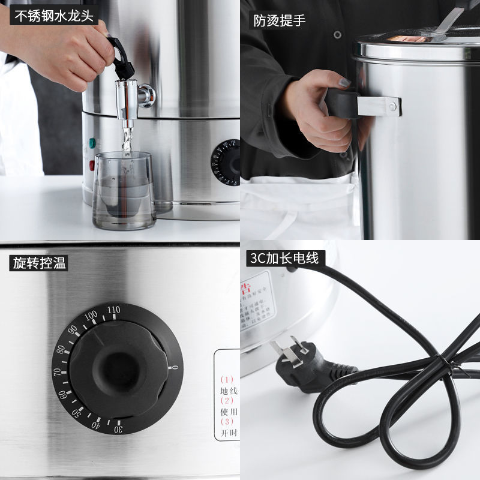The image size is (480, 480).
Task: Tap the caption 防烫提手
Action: (x=279, y=20)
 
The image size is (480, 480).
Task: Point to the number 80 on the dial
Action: (x=61, y=349)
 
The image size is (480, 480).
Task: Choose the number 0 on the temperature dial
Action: (x=174, y=367)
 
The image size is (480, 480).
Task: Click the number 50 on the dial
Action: (x=77, y=414)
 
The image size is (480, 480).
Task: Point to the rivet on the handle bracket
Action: (x=392, y=107)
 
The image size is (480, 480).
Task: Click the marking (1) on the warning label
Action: (x=226, y=379)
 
